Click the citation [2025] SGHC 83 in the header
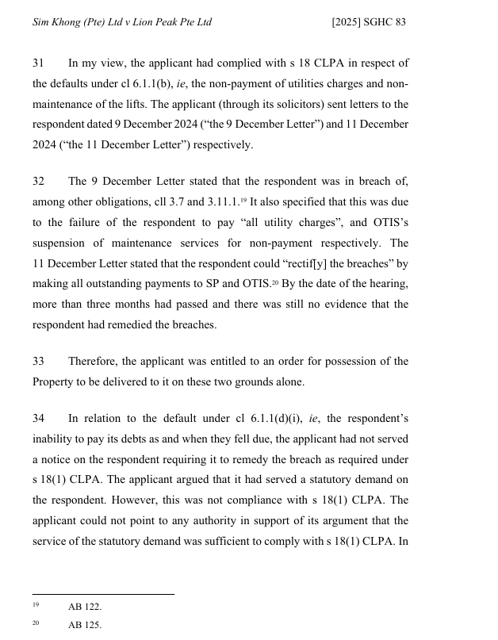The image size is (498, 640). (x=369, y=22)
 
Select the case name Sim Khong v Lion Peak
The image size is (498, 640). (x=122, y=22)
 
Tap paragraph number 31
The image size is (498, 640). (x=38, y=63)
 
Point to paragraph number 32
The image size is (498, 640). (x=38, y=182)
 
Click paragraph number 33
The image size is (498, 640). (x=38, y=361)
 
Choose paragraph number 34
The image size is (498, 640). (x=38, y=418)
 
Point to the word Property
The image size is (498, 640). (x=54, y=381)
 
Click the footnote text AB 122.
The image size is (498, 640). (x=85, y=607)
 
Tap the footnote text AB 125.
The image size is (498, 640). (x=85, y=625)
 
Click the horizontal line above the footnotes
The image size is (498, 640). (x=103, y=594)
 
